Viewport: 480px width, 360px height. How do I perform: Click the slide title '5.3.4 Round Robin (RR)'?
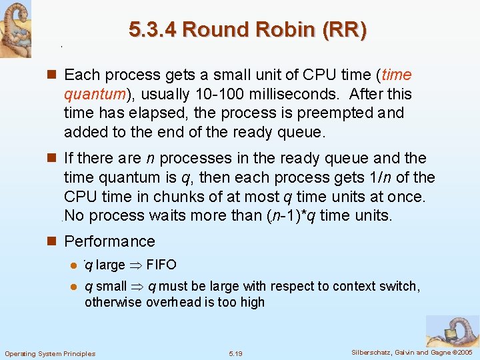point(247,31)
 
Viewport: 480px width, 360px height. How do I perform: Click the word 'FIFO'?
point(161,265)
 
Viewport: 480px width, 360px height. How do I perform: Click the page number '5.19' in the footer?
point(236,353)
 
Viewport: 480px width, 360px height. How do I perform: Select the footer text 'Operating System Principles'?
point(50,353)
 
